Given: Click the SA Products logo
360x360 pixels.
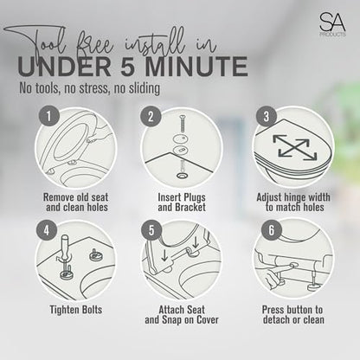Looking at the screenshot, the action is point(332,25).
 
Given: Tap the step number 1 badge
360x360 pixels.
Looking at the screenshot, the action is point(49,116).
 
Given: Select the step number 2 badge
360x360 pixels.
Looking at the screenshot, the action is point(151,117).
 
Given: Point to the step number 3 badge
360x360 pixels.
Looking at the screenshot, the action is point(267,116).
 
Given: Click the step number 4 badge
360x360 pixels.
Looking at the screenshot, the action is point(47,230).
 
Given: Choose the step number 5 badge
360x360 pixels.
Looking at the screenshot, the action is point(151,230).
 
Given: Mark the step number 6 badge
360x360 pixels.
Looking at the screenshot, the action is point(272,230).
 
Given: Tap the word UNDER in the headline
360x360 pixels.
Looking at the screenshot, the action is point(64,67).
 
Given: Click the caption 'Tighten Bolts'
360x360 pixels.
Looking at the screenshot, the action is point(76,310).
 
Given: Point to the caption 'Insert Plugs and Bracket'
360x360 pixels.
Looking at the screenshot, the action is point(182,202).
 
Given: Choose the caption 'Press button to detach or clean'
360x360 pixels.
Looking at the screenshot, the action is point(293,315).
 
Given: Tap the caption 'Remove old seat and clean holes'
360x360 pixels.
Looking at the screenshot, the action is point(76,202).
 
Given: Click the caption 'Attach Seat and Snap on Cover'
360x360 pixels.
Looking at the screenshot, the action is point(182,315).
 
